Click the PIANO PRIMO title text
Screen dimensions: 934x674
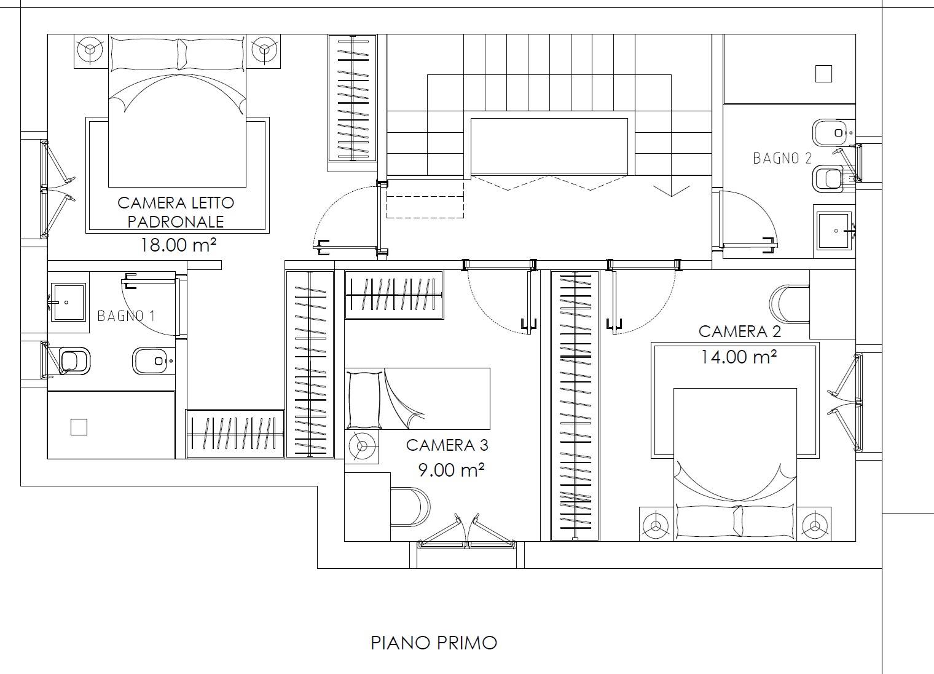pos(434,643)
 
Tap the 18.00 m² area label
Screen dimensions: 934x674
pos(178,245)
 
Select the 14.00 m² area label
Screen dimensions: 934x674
pos(739,357)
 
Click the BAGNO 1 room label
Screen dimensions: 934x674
pos(127,316)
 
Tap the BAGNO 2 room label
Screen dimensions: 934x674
pos(782,158)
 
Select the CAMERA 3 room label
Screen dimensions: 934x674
pos(447,445)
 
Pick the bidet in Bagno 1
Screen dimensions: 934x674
pos(152,361)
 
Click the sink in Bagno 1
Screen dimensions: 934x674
pos(68,302)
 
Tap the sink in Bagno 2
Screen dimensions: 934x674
pos(834,231)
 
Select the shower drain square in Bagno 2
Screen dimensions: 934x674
pos(823,74)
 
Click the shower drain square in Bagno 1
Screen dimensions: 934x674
pos(79,427)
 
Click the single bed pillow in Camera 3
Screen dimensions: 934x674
pos(364,400)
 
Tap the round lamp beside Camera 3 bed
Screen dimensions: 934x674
pos(361,446)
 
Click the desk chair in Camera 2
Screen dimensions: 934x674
pos(790,304)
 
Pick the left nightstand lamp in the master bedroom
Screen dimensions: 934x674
pos(90,50)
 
